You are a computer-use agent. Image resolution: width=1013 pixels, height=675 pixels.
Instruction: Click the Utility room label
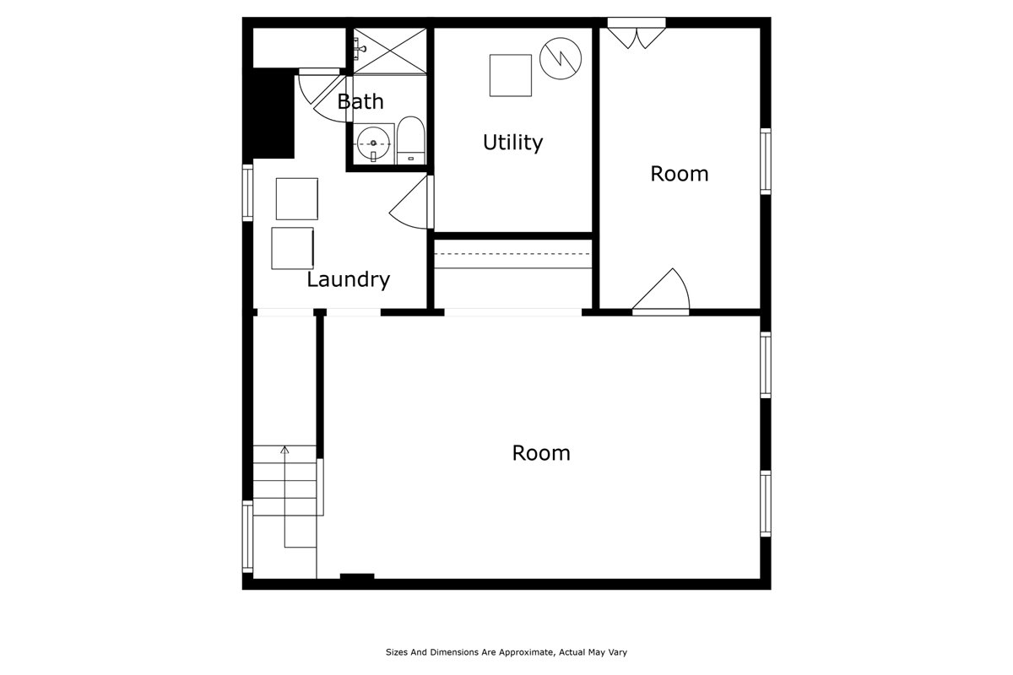pyautogui.click(x=512, y=143)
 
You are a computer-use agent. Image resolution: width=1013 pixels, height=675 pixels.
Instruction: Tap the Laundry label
pyautogui.click(x=348, y=279)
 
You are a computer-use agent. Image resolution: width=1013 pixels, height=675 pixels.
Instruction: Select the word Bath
pyautogui.click(x=360, y=102)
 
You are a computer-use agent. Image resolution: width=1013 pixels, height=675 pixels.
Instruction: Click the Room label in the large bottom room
pyautogui.click(x=541, y=453)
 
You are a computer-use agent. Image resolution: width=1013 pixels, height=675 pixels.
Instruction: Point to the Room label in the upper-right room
pyautogui.click(x=679, y=174)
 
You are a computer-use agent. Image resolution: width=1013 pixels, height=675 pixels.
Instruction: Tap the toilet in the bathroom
pyautogui.click(x=411, y=138)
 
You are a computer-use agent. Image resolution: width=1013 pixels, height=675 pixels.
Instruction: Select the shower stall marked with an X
pyautogui.click(x=389, y=51)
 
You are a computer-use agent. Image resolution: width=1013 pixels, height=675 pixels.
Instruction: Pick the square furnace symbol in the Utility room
pyautogui.click(x=511, y=75)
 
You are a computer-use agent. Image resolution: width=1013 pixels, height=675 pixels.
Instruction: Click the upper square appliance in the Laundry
pyautogui.click(x=297, y=198)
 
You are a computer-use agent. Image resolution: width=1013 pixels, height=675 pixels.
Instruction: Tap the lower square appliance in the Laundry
pyautogui.click(x=293, y=248)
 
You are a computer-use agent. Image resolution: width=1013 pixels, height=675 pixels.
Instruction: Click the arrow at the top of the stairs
pyautogui.click(x=285, y=451)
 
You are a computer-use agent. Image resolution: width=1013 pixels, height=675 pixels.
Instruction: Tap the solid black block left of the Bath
pyautogui.click(x=270, y=114)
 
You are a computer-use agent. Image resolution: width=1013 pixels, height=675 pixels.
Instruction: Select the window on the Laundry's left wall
pyautogui.click(x=247, y=193)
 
